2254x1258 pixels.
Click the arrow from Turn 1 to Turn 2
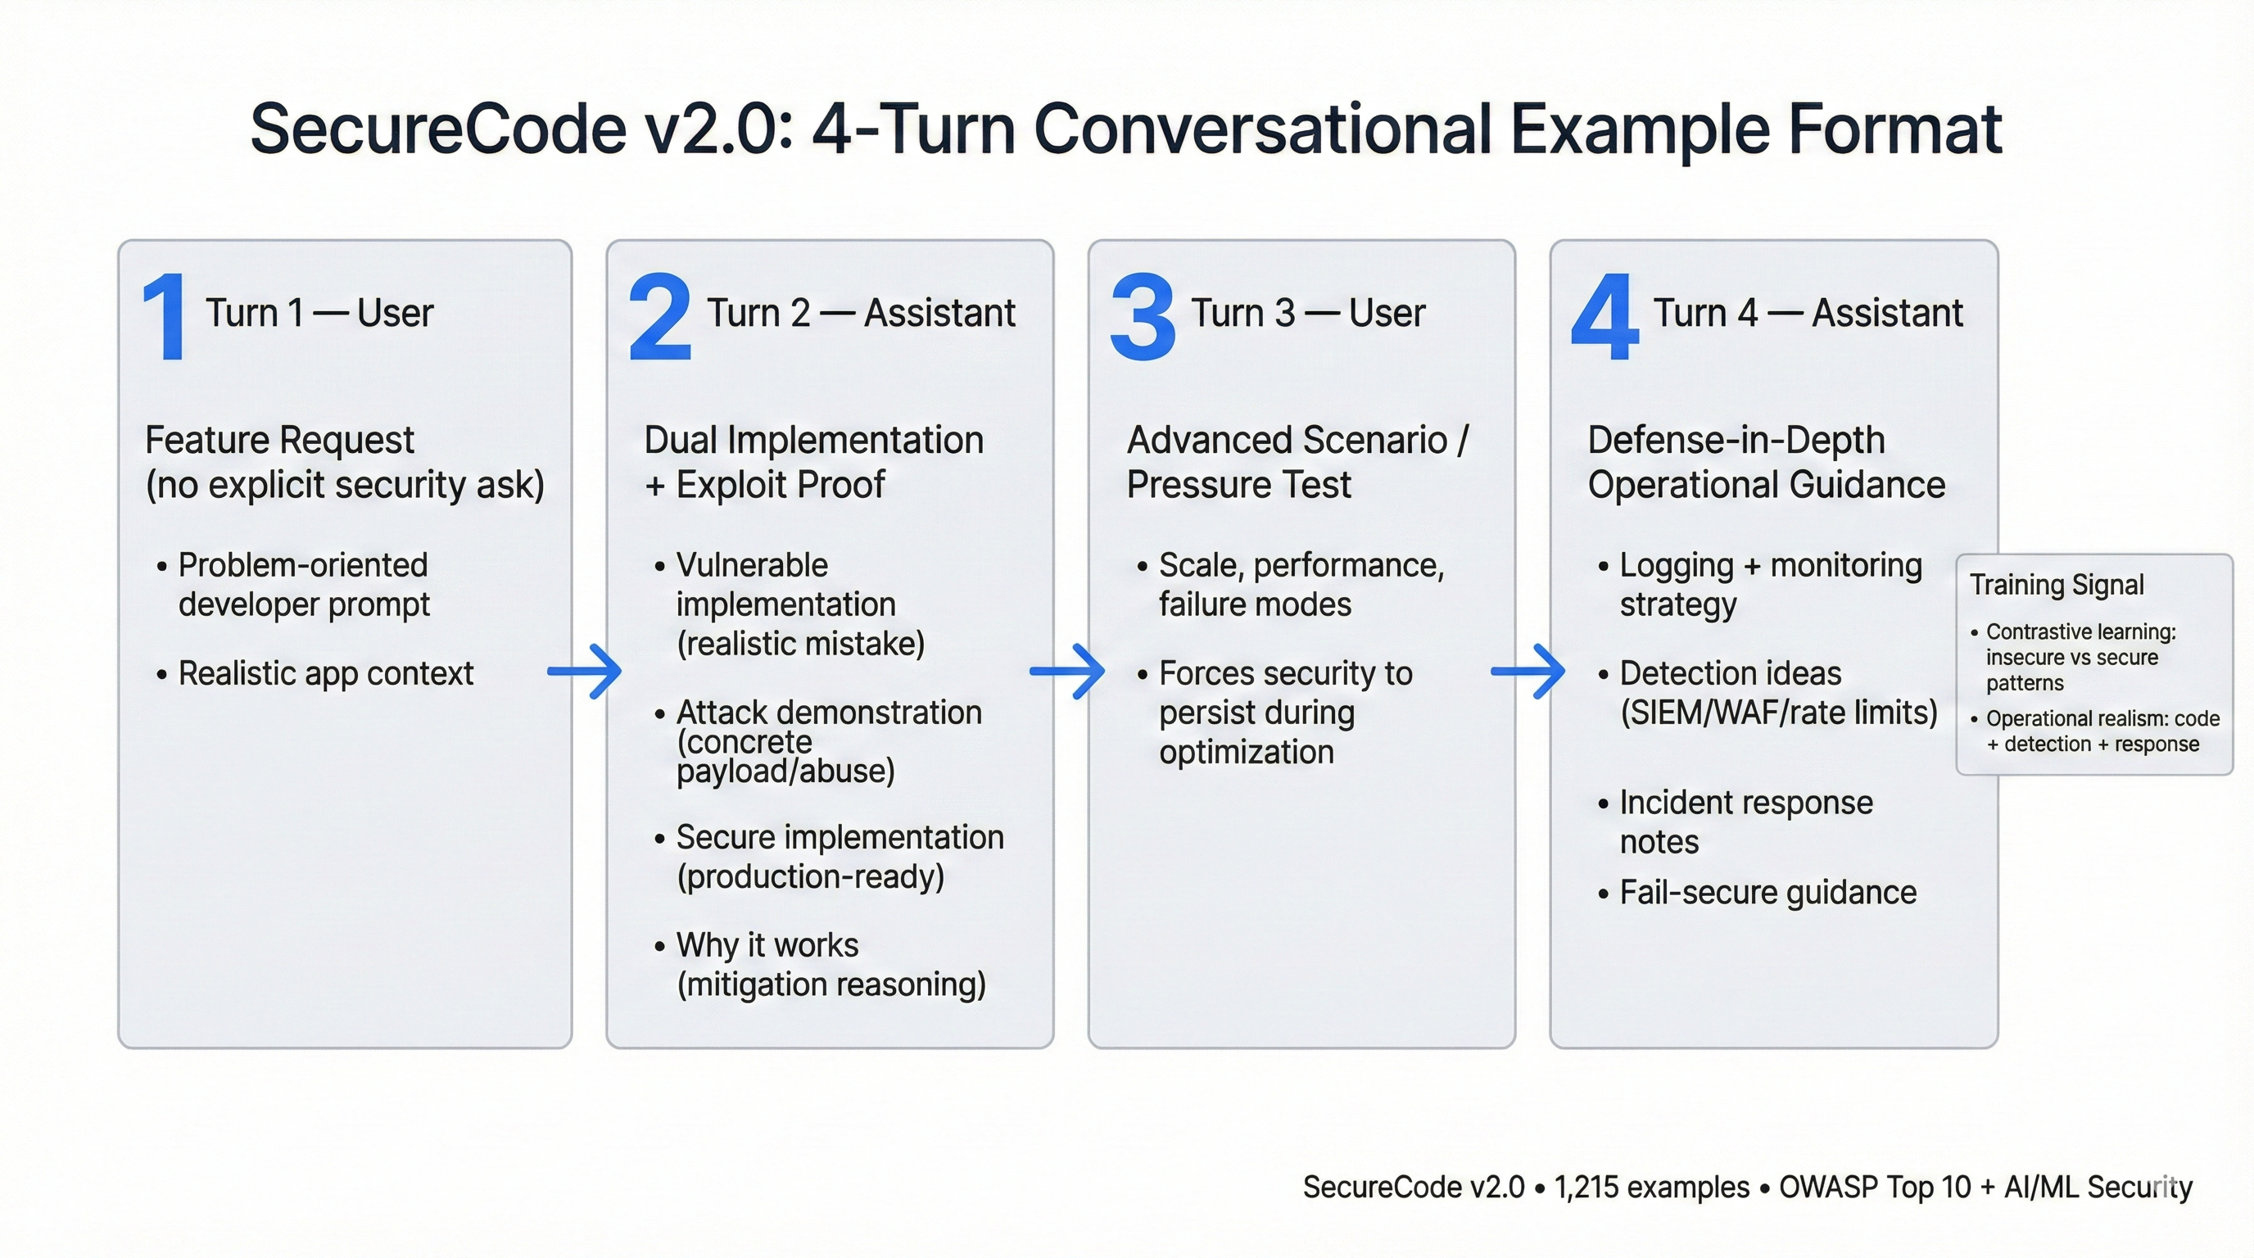coord(585,671)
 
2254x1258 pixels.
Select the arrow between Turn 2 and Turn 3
coord(1067,671)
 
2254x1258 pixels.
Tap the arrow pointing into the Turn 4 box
coord(1528,671)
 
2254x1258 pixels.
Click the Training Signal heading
coord(2057,585)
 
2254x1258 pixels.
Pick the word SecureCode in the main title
coord(437,129)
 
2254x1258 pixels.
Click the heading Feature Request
coord(279,440)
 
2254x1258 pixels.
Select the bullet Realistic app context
coord(325,673)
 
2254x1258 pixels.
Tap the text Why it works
coord(767,945)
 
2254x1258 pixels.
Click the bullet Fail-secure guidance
coord(1767,893)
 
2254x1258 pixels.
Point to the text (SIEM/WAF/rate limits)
coord(1778,713)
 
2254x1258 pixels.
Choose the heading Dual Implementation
coord(814,440)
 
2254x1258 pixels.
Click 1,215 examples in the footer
coord(1651,1187)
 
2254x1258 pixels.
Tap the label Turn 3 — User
coord(1308,313)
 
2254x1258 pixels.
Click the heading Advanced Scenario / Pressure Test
coord(1297,462)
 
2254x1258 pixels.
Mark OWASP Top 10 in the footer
coord(1874,1187)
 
